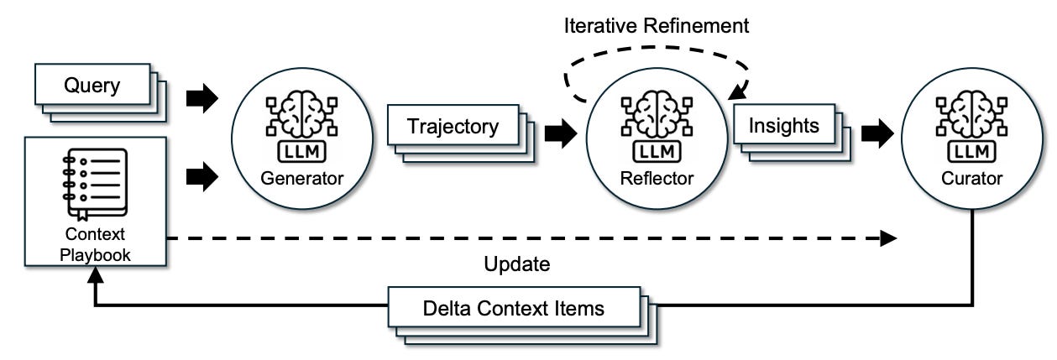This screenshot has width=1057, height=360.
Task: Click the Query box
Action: tap(92, 85)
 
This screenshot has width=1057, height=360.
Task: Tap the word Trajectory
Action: tap(453, 127)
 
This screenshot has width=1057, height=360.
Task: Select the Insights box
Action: tap(784, 124)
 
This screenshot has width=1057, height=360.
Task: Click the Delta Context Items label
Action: tap(514, 309)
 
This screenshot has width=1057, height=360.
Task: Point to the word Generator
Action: tap(302, 179)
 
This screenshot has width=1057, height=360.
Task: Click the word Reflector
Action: tap(657, 179)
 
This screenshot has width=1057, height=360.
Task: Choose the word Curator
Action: tap(971, 179)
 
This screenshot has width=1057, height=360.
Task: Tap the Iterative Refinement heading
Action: tap(657, 25)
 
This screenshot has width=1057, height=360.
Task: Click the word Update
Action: tap(516, 264)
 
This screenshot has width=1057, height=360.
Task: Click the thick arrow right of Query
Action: tap(202, 98)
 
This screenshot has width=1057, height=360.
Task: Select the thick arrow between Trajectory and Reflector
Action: tap(561, 133)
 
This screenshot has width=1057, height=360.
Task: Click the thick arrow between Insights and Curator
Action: tap(877, 133)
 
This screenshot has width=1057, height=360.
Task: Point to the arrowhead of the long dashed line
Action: tap(888, 238)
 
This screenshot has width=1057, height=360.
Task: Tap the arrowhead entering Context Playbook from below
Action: tap(96, 274)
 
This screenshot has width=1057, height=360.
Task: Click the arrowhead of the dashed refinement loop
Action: tap(737, 92)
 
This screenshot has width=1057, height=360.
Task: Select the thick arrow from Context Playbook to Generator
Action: tap(202, 177)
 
